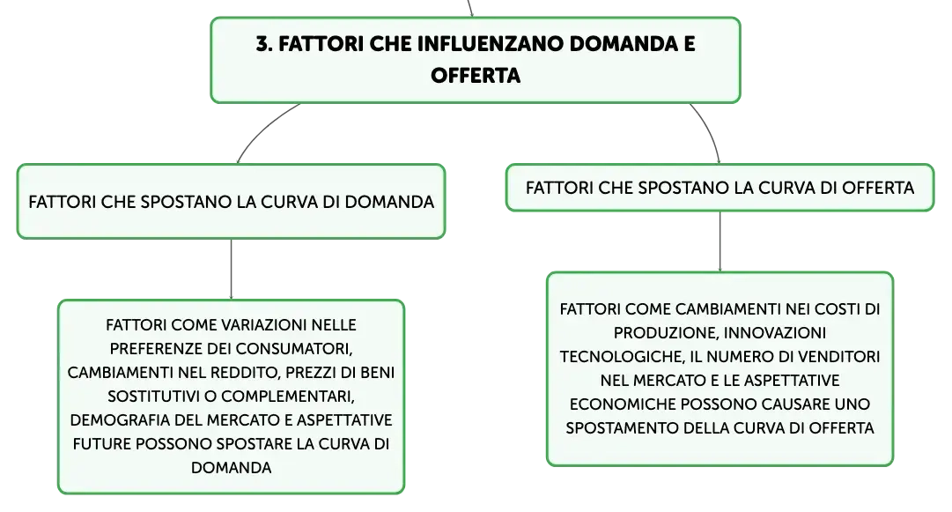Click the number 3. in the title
pos(264,44)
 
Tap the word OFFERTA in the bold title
pos(476,75)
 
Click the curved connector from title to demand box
pos(264,129)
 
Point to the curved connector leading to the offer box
pos(709,130)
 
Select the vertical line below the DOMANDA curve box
pos(232,269)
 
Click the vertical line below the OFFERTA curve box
pos(720,241)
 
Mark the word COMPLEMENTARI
pos(288,397)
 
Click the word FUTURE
pos(102,443)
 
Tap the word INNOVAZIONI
pos(775,333)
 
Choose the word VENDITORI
pos(838,357)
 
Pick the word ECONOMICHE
pos(617,404)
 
